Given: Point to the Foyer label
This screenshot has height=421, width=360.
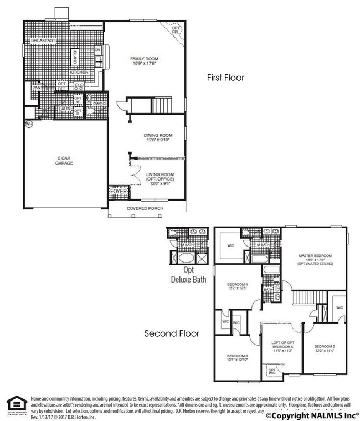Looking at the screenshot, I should tap(118, 191).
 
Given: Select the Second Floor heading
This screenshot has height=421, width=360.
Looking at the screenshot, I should tap(172, 333).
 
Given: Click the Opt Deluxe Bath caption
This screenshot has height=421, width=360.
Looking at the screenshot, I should tap(187, 275).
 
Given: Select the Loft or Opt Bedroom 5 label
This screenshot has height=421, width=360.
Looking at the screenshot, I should tap(281, 350).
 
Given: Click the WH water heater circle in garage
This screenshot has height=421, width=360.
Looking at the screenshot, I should tap(29, 124).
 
